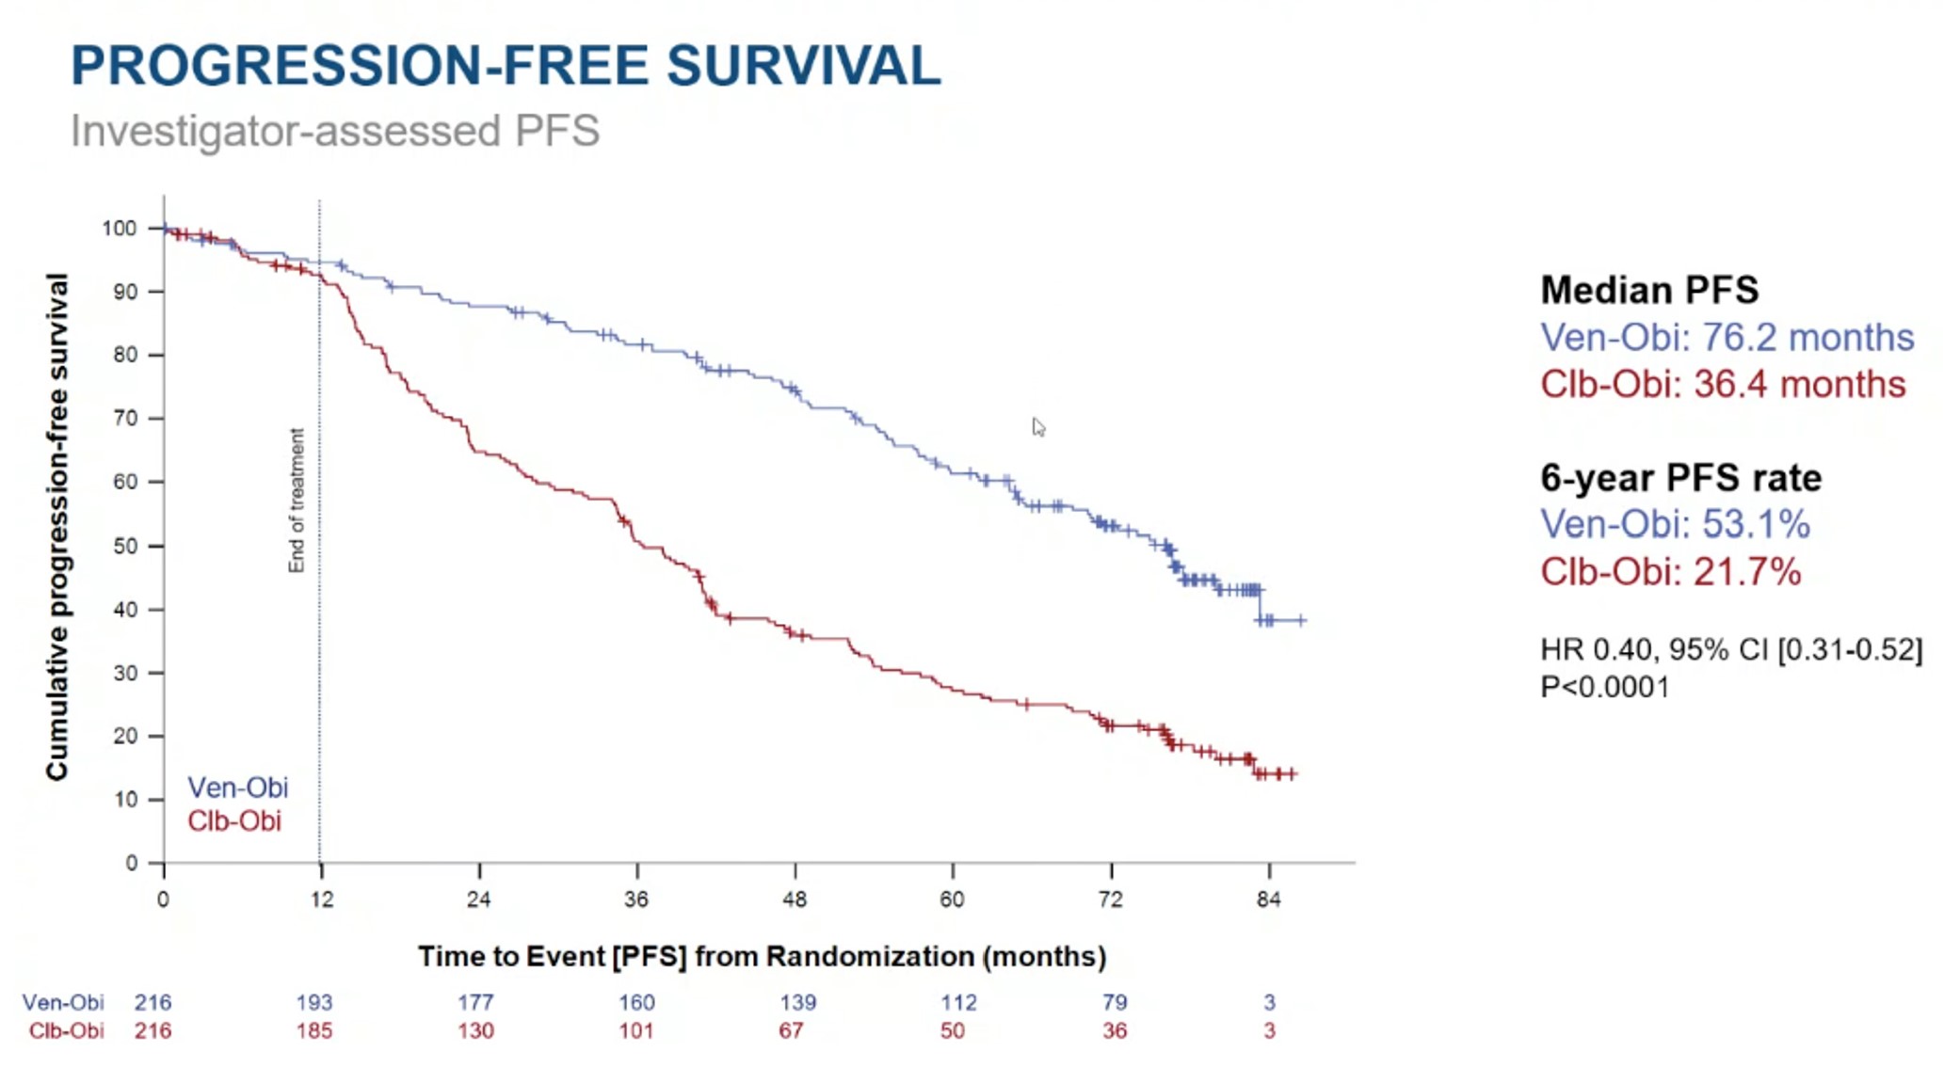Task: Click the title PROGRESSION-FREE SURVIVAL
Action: (506, 66)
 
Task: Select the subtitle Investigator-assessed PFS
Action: (335, 131)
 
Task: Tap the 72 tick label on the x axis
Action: (1111, 900)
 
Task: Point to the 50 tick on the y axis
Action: (125, 546)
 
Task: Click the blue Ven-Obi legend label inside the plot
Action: (237, 788)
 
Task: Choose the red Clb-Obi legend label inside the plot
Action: (234, 821)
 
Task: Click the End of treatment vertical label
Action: (297, 501)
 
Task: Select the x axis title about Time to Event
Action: (762, 957)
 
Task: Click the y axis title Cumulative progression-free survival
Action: (57, 527)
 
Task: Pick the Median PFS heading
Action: (1649, 290)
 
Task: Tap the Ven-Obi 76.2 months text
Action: (1727, 338)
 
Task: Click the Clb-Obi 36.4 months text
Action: (1723, 385)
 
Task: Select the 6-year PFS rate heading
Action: (1680, 478)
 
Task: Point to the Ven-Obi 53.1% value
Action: (1675, 524)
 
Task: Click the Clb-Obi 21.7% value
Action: (1670, 572)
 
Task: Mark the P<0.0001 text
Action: (1604, 687)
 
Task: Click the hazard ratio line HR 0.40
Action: (1730, 649)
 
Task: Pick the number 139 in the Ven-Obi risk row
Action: (797, 1002)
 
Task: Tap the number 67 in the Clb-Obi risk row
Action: (791, 1031)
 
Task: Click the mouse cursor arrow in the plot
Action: (1037, 427)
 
